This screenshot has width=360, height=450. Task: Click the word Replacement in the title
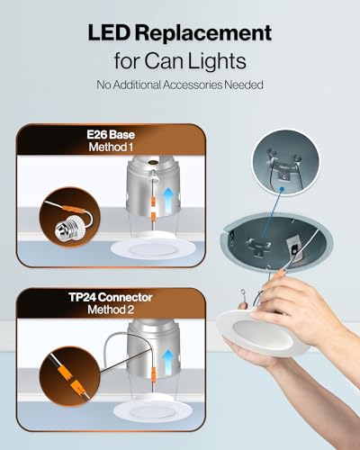(203, 33)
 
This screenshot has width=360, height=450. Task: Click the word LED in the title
(109, 32)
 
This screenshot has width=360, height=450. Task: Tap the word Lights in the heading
(217, 61)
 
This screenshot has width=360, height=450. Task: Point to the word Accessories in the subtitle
(193, 85)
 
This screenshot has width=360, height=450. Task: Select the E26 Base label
(111, 135)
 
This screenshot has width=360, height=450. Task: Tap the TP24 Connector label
(111, 297)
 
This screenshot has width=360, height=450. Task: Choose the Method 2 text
(111, 310)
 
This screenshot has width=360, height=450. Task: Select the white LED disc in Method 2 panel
(155, 411)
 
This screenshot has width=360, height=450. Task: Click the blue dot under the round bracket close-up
(282, 189)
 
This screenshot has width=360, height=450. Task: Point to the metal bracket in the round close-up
(283, 169)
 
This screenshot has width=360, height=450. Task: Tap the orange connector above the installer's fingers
(280, 274)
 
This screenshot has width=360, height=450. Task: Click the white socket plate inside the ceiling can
(294, 247)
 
